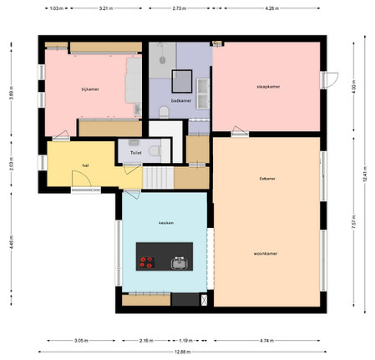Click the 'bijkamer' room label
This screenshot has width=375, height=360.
tap(90, 89)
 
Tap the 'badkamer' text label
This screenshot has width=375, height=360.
tap(180, 100)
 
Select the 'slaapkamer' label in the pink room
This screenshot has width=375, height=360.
tap(267, 86)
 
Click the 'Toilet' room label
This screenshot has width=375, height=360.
tap(136, 154)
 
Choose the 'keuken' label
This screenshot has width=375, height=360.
tap(165, 224)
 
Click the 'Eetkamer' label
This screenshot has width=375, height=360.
tap(267, 178)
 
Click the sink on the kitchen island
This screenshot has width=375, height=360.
tap(179, 263)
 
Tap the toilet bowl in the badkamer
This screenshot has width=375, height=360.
tap(163, 112)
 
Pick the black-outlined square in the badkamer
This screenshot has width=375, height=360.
tap(181, 80)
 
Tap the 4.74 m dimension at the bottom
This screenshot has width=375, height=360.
tap(266, 341)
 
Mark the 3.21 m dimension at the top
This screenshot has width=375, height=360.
tap(105, 8)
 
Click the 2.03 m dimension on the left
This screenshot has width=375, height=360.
tap(10, 165)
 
